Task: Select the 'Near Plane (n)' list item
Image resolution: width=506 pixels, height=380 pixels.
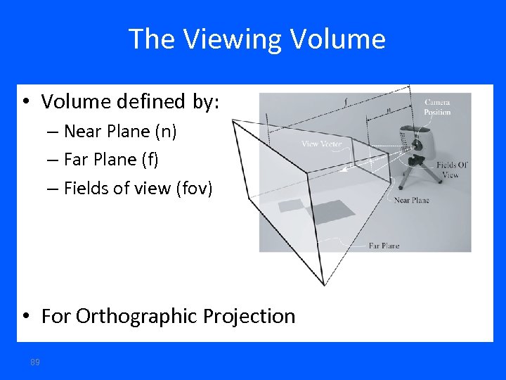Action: click(x=119, y=132)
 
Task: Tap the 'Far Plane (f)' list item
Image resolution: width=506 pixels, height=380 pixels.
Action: click(x=111, y=160)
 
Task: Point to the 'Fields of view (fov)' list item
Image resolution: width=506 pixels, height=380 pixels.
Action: click(x=138, y=189)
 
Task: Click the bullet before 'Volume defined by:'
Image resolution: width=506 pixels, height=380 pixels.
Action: click(x=25, y=102)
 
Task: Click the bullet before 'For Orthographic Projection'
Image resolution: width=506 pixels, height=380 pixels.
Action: click(x=25, y=316)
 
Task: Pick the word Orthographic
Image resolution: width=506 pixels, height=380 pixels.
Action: click(x=137, y=317)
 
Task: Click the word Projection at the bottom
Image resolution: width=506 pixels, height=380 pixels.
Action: click(x=249, y=316)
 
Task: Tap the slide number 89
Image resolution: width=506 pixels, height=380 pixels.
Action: click(x=35, y=362)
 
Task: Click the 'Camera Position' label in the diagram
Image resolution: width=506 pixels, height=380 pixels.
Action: click(x=437, y=107)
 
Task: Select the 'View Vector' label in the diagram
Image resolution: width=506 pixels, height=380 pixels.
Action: click(x=322, y=144)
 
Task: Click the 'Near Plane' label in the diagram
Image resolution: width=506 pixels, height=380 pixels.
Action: click(x=411, y=201)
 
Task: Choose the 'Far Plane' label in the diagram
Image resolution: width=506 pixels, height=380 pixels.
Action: click(x=384, y=246)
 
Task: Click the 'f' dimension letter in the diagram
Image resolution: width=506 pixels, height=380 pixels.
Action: click(x=344, y=101)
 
